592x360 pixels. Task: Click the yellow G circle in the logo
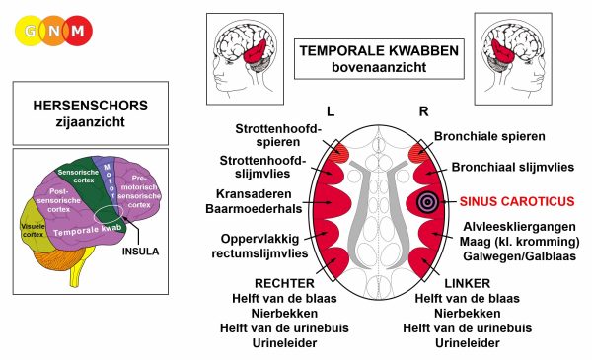[x=29, y=31]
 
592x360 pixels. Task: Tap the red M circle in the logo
[x=78, y=31]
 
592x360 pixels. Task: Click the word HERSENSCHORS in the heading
[x=90, y=106]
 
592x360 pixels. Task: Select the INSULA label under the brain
[x=140, y=252]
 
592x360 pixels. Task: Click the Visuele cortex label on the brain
[x=33, y=230]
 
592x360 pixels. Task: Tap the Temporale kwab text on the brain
[x=87, y=230]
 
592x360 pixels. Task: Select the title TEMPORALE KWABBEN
[x=379, y=51]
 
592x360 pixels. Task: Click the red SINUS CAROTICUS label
[x=517, y=201]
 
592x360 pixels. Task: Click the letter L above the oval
[x=331, y=111]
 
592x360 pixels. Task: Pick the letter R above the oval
[x=423, y=111]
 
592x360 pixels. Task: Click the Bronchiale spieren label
[x=489, y=136]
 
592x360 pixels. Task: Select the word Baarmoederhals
[x=254, y=209]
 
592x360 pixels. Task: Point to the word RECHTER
[x=284, y=283]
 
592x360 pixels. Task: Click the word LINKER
[x=468, y=283]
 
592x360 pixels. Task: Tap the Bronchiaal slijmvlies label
[x=513, y=167]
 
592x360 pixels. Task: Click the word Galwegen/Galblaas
[x=520, y=256]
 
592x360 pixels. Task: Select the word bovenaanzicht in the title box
[x=379, y=67]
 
